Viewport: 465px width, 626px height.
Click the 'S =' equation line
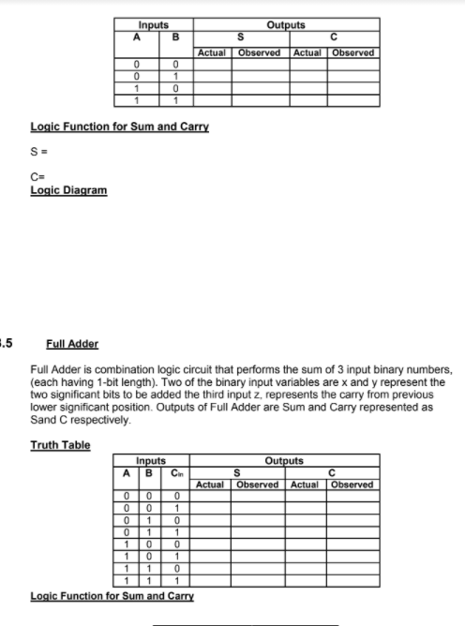click(x=38, y=151)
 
